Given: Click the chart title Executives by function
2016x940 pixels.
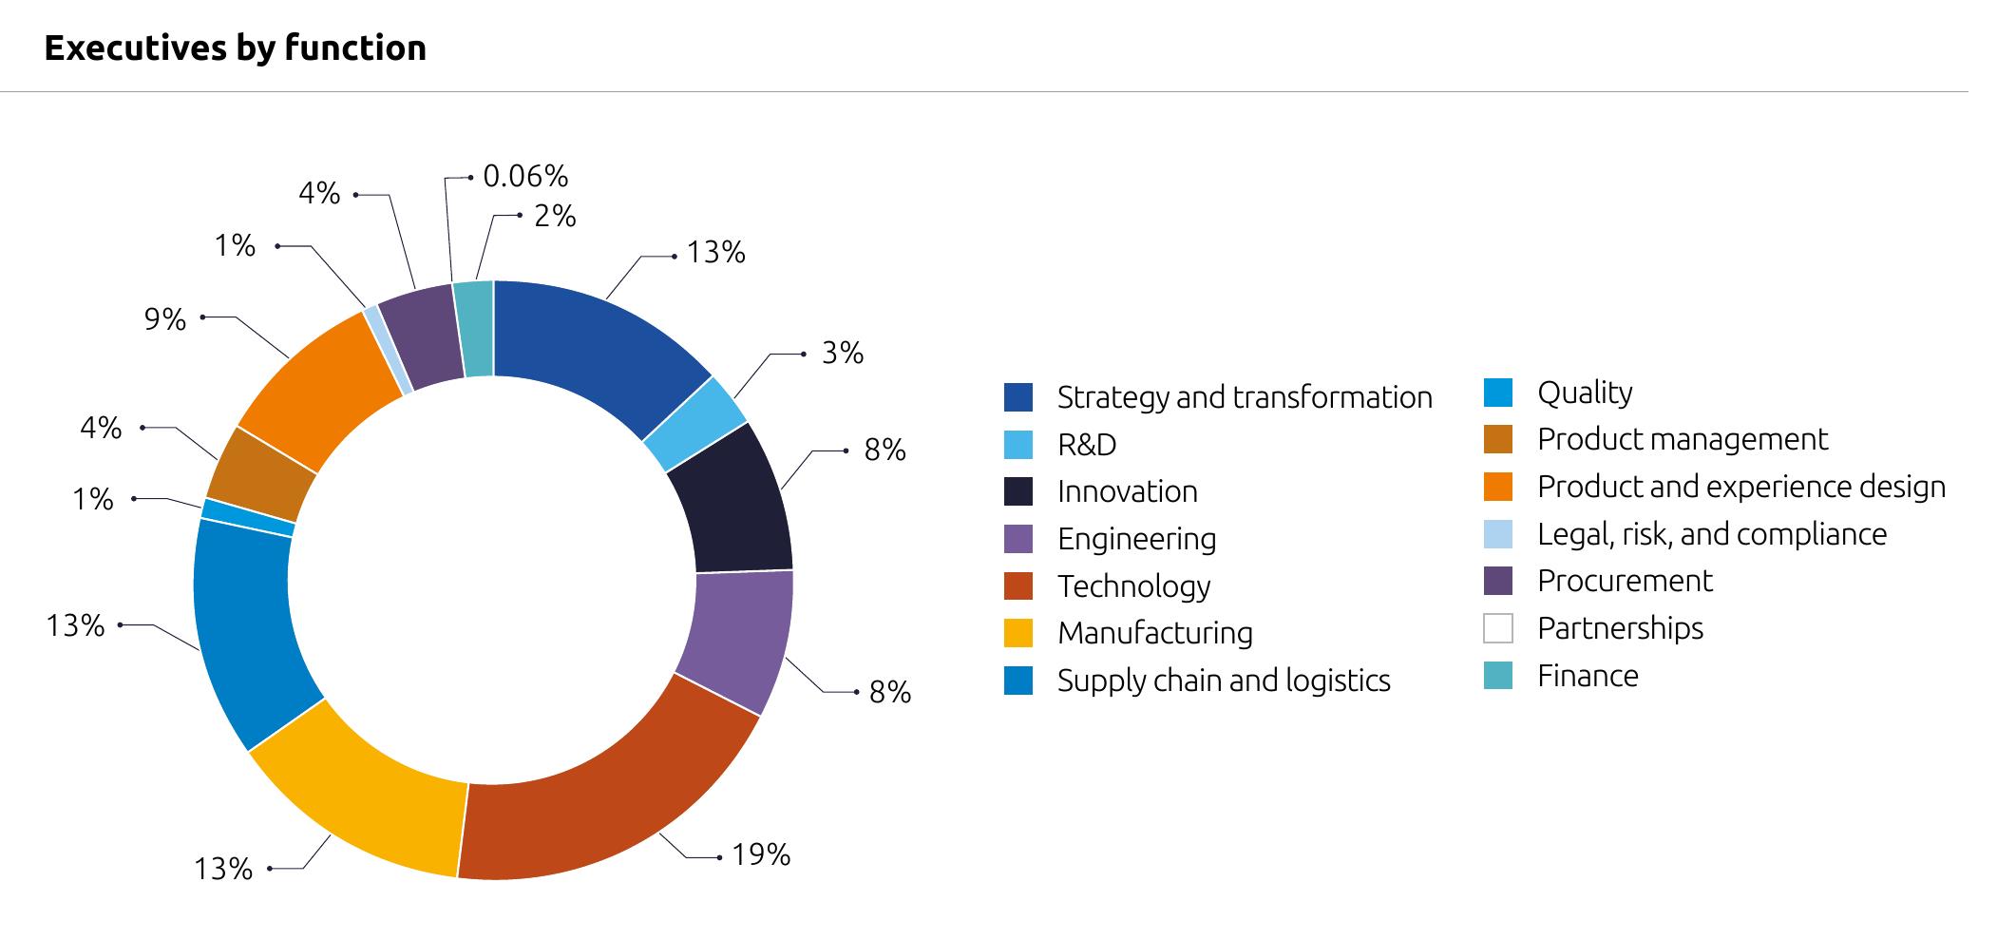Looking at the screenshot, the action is pos(235,48).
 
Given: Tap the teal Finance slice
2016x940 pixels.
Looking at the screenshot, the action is pos(474,329).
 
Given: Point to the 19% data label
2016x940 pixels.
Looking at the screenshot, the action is pos(761,854).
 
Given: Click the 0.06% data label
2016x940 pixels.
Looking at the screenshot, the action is pos(525,176).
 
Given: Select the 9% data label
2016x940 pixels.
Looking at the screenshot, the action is pos(165,319).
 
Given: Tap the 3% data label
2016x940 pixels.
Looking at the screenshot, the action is pos(843,353).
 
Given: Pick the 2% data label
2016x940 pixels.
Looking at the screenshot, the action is pos(556,217).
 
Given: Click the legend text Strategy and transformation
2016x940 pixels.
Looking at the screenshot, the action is pos(1245,397).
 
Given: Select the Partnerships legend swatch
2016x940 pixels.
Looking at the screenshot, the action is pos(1498,628).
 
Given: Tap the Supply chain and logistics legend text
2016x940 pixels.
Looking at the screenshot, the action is pos(1224,681).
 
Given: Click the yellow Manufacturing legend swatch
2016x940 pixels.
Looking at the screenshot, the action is pos(1018,633).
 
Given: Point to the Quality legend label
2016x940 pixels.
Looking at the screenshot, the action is pos(1585,393).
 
